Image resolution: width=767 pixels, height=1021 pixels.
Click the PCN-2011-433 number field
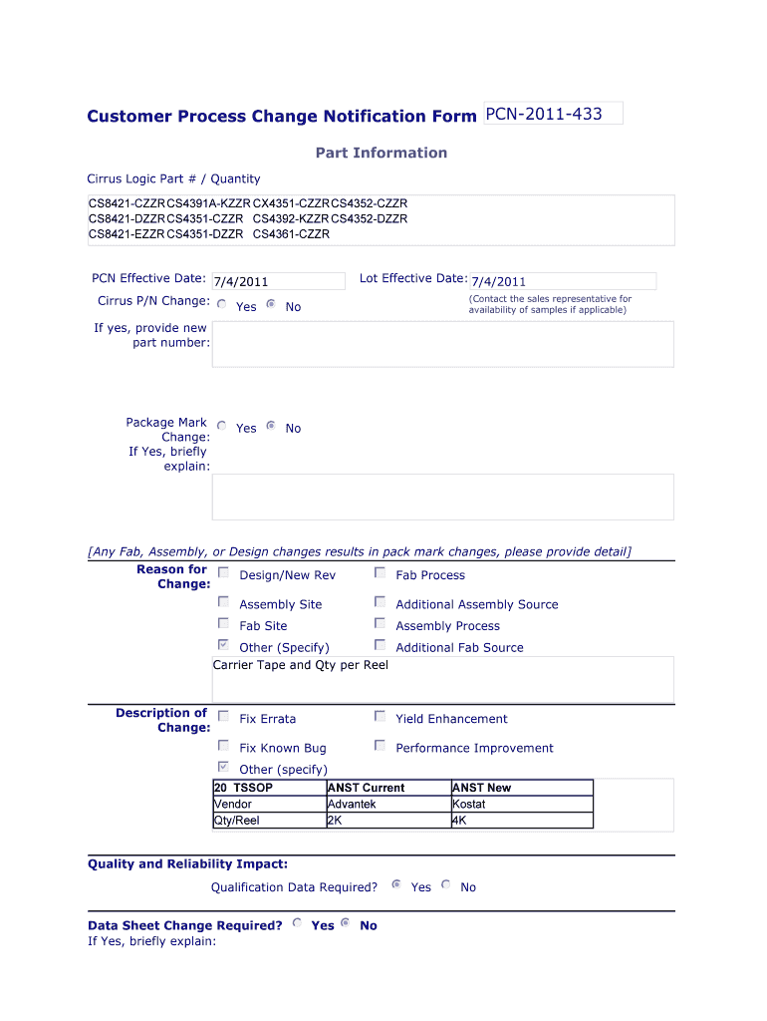pyautogui.click(x=552, y=114)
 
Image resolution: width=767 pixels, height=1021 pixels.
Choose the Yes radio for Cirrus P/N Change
pyautogui.click(x=221, y=305)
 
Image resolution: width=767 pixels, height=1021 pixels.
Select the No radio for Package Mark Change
pyautogui.click(x=271, y=426)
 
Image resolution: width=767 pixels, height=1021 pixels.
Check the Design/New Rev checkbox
pyautogui.click(x=224, y=573)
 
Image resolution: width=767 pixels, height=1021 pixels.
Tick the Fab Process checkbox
pyautogui.click(x=381, y=573)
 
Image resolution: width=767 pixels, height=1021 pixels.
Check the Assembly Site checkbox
pyautogui.click(x=224, y=602)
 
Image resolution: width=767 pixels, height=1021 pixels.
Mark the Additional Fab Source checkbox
pyautogui.click(x=381, y=646)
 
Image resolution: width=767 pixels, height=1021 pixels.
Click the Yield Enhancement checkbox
pyautogui.click(x=381, y=717)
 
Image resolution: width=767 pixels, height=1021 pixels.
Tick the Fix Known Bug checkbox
pyautogui.click(x=224, y=746)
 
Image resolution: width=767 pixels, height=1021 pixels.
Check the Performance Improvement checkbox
pyautogui.click(x=381, y=746)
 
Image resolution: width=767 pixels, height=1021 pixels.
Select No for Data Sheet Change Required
pyautogui.click(x=346, y=923)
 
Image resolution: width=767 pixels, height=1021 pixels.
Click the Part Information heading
pyautogui.click(x=382, y=153)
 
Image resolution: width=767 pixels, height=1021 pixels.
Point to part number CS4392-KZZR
pyautogui.click(x=291, y=218)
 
